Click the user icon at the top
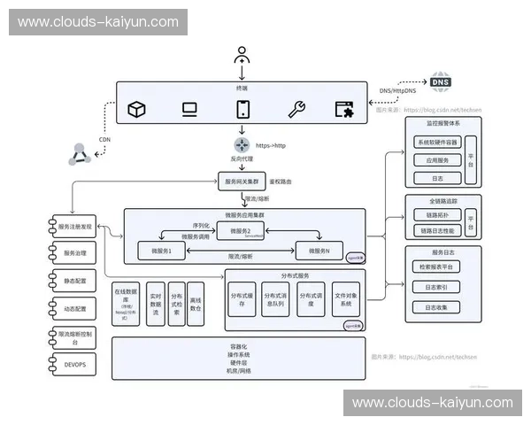tap(241, 56)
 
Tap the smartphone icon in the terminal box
tap(241, 109)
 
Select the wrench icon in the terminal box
tap(296, 109)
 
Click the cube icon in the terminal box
tap(136, 109)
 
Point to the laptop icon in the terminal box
tap(189, 109)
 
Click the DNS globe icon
tap(440, 82)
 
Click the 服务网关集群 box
tap(241, 181)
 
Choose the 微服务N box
tap(314, 251)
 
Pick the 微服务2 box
tap(241, 231)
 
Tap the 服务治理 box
tap(74, 254)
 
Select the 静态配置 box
tap(74, 281)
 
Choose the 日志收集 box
tap(436, 306)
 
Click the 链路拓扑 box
tap(437, 215)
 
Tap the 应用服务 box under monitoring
tap(437, 160)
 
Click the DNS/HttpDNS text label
tap(397, 89)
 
